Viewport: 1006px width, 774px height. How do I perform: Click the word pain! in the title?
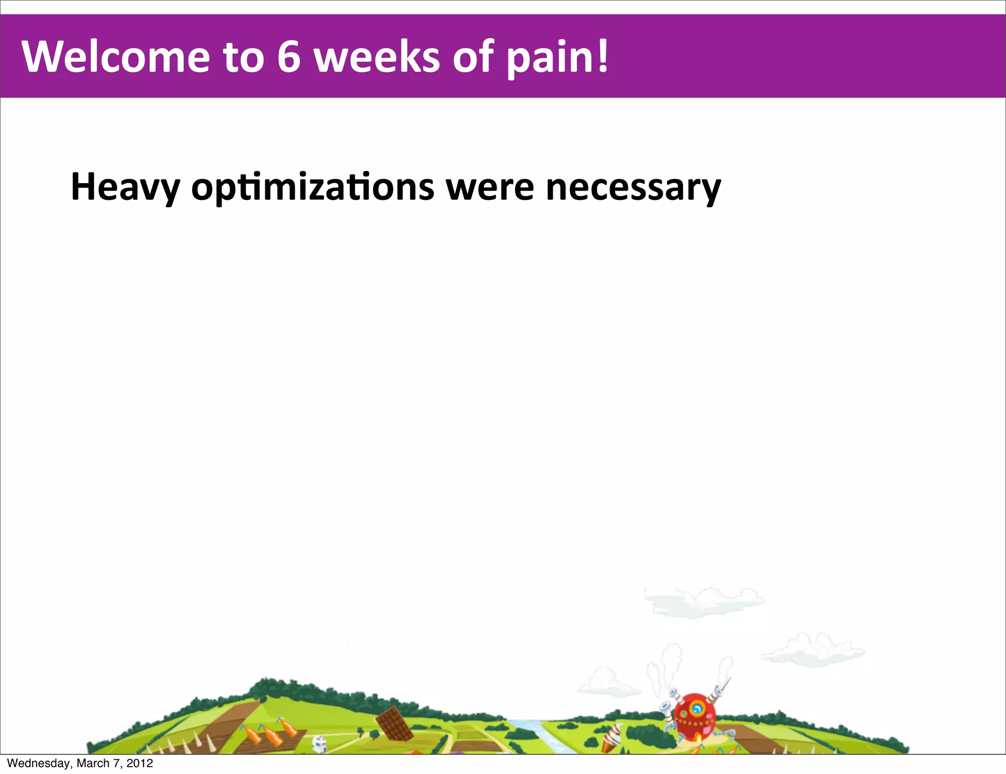[558, 58]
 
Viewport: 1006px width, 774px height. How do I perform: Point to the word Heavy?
[125, 188]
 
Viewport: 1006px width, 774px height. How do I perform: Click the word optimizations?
[312, 188]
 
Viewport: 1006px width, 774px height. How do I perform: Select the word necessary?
[633, 188]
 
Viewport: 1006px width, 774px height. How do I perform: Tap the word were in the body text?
[490, 188]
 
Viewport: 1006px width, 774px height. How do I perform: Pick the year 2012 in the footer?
[140, 763]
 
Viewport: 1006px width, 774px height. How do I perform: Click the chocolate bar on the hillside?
[394, 723]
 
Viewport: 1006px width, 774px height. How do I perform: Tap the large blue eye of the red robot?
[696, 709]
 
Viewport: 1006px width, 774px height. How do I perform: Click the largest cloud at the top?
[703, 602]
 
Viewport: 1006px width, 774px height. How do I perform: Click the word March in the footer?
[92, 763]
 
